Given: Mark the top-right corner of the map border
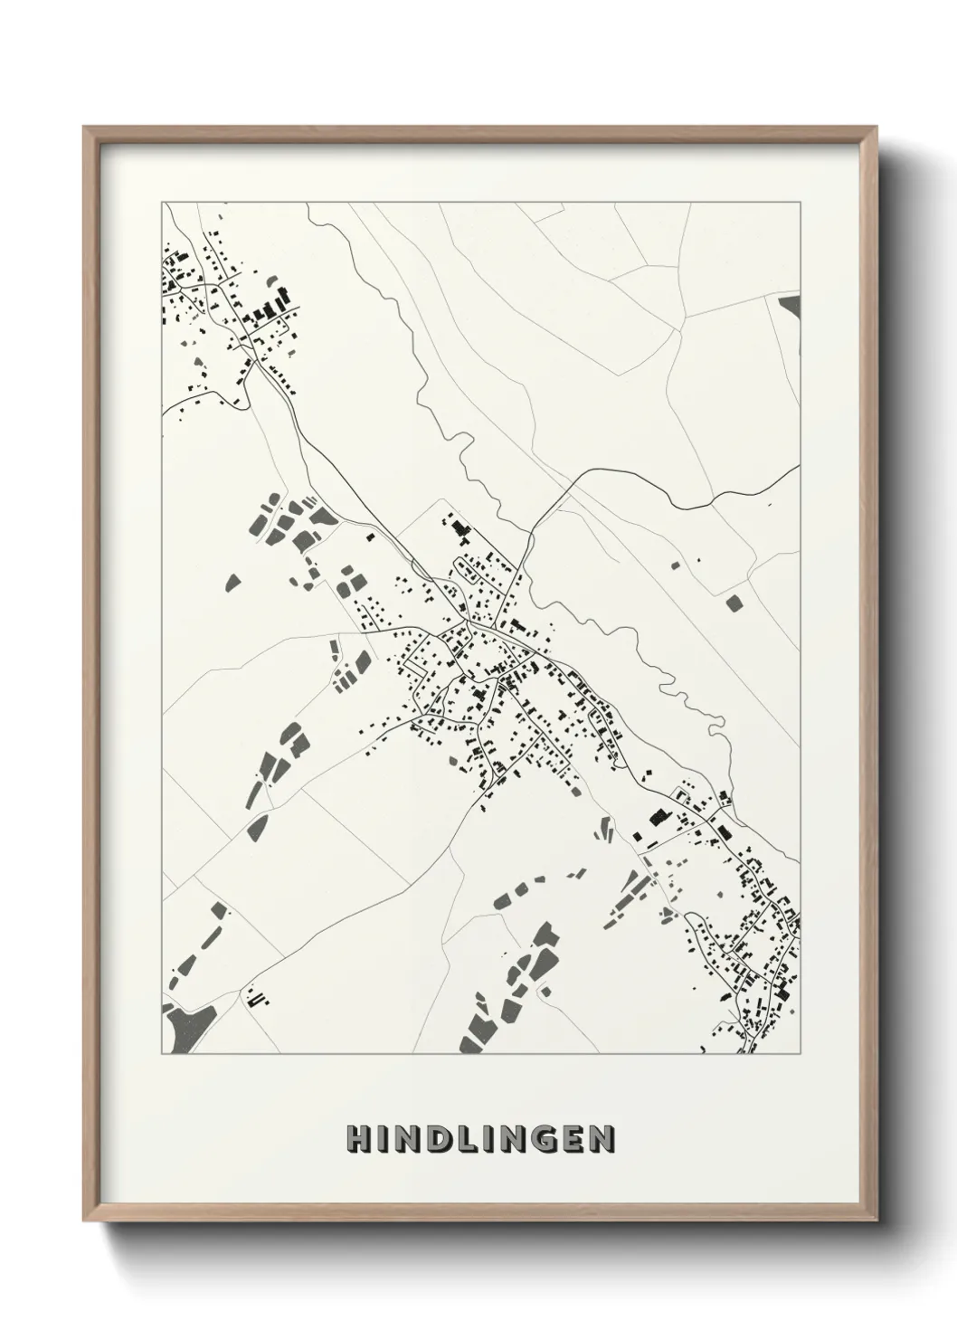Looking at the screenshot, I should [x=800, y=203].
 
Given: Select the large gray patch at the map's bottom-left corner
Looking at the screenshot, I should [x=184, y=1027].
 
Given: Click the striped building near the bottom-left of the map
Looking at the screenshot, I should [x=258, y=998].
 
